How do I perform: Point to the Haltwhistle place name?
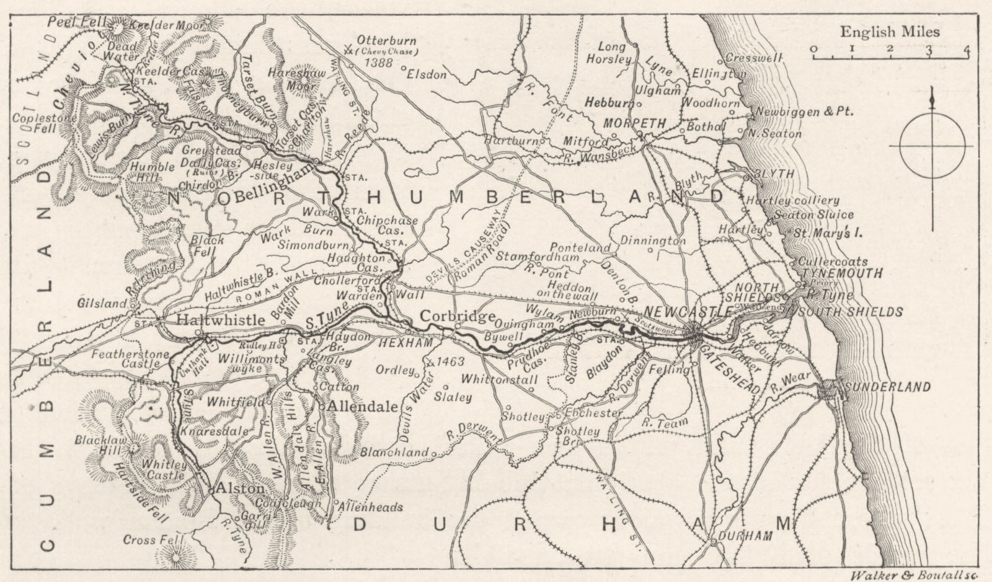point(221,319)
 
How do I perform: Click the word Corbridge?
point(458,316)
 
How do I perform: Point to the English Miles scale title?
point(890,32)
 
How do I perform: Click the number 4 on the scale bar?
point(967,50)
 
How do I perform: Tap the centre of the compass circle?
point(932,146)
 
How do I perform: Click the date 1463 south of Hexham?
point(450,361)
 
